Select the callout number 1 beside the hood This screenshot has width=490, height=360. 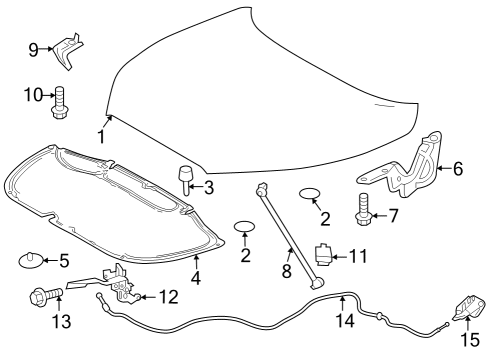tap(100, 137)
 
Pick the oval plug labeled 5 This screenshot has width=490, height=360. tap(29, 261)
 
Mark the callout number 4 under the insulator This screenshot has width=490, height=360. tap(196, 279)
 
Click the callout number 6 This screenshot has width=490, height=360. tap(457, 168)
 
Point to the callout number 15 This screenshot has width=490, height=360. tap(468, 342)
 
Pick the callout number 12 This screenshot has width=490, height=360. tap(167, 296)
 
